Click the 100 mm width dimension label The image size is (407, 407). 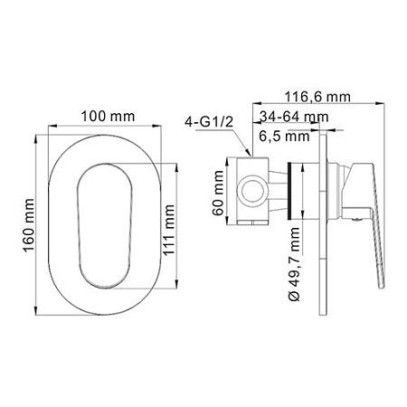tap(108, 117)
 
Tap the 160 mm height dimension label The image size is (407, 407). tap(29, 225)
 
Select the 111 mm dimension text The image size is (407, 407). tap(169, 230)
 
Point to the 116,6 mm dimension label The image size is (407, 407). tap(317, 97)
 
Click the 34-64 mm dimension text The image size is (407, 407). tap(294, 117)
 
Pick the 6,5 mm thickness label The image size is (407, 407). tap(284, 136)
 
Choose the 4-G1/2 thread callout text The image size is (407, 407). tap(209, 122)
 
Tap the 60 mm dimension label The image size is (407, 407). tap(218, 193)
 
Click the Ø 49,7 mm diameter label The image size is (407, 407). tap(294, 264)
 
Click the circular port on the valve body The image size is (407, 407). tap(252, 192)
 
